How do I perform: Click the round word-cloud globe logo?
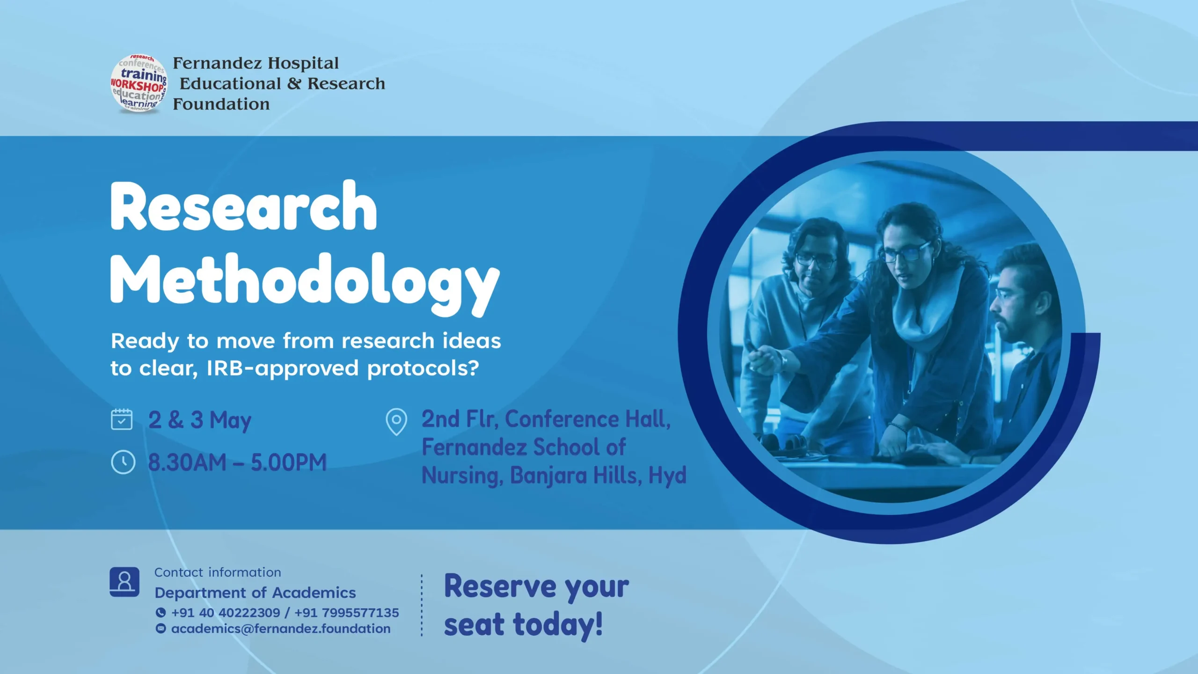(139, 83)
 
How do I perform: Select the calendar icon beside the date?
(122, 419)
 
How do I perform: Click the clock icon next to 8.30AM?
(123, 462)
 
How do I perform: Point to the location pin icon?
(396, 422)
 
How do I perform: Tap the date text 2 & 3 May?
(200, 420)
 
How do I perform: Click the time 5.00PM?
(289, 462)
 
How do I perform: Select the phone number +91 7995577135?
(347, 613)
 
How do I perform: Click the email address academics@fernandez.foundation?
(281, 629)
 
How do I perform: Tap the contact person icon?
(124, 582)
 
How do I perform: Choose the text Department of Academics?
(256, 593)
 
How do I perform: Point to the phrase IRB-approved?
(283, 369)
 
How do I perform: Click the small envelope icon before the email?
(161, 629)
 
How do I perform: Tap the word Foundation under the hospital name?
(221, 104)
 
